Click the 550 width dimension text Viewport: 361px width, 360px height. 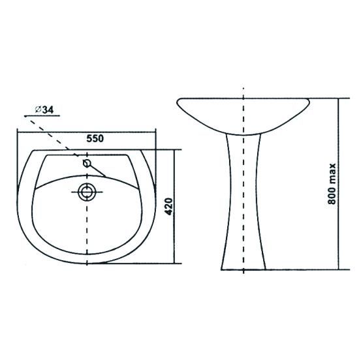tap(95, 138)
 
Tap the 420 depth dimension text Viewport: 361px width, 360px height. tap(169, 206)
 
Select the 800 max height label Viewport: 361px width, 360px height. tap(332, 184)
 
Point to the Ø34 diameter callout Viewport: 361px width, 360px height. tap(44, 110)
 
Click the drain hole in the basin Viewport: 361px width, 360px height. tap(87, 192)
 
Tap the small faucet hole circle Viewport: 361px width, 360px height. tap(87, 163)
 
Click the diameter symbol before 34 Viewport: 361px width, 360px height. tap(38, 110)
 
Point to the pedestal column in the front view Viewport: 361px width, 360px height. tap(243, 202)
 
